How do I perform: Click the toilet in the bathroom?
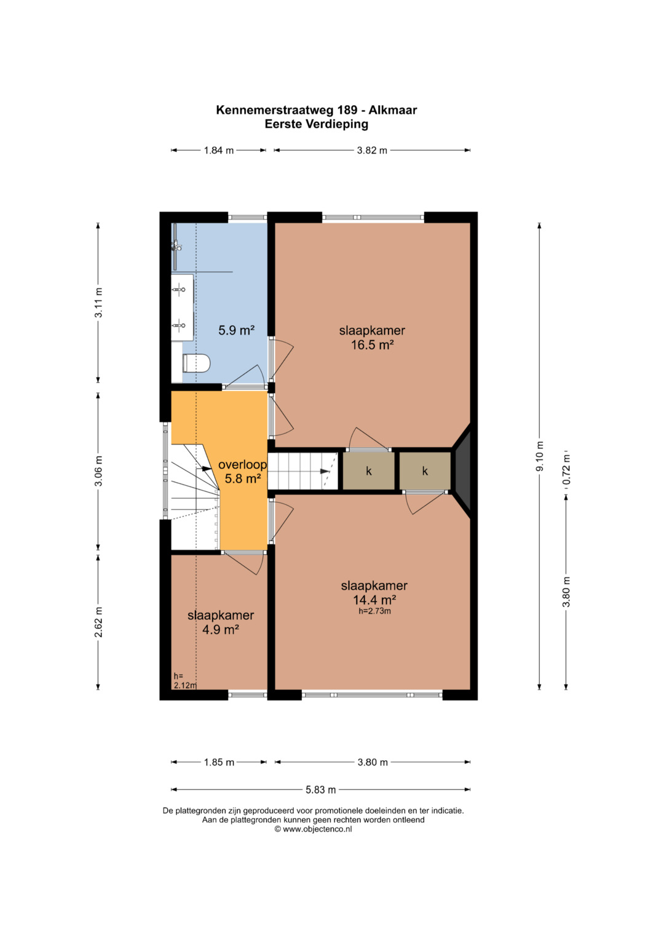coord(196,363)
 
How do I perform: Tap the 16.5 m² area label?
coord(372,345)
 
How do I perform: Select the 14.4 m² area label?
coord(374,600)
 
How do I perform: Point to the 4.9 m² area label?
coord(221,630)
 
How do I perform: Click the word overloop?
coord(243,464)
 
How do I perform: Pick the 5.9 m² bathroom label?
coord(237,330)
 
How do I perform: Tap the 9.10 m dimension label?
coord(540,456)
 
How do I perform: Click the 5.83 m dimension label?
coord(321,790)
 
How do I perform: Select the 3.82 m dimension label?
coord(372,150)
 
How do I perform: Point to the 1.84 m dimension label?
coord(219,150)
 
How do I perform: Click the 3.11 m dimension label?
coord(98,303)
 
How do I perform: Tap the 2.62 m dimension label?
coord(98,622)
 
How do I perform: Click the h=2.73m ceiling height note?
coord(375,611)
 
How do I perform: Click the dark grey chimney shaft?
coord(463,471)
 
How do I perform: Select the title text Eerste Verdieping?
coord(317,124)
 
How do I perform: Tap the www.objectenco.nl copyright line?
coord(313,829)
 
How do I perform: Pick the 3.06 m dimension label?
coord(98,471)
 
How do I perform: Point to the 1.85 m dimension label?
coord(219,762)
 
